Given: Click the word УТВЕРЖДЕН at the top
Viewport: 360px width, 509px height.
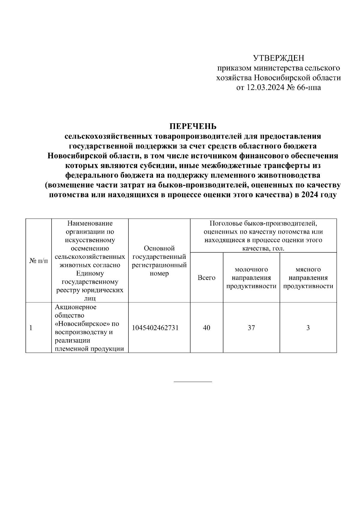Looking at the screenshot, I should (279, 58).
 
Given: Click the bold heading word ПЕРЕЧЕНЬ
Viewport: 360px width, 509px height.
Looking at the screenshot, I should (193, 126).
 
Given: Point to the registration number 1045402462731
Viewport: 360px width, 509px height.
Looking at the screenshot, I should (155, 328).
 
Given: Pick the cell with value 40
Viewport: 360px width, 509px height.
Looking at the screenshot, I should (206, 328).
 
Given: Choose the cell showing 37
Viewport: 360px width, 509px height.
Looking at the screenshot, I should (251, 328).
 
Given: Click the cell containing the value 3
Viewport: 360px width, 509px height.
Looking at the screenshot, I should (308, 328).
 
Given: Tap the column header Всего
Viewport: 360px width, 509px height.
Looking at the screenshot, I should (206, 278).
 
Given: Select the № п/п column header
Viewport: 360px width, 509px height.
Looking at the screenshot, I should (38, 261).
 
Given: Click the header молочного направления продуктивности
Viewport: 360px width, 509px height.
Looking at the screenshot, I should (251, 278).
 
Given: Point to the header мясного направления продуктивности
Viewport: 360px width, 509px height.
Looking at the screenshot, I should (308, 278).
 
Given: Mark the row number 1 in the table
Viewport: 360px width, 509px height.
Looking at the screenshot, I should (31, 328).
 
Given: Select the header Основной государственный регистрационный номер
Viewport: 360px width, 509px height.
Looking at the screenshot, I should (159, 261).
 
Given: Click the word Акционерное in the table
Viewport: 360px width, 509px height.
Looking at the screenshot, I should (76, 307).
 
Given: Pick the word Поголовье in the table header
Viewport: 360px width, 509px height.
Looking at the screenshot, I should (228, 223).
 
